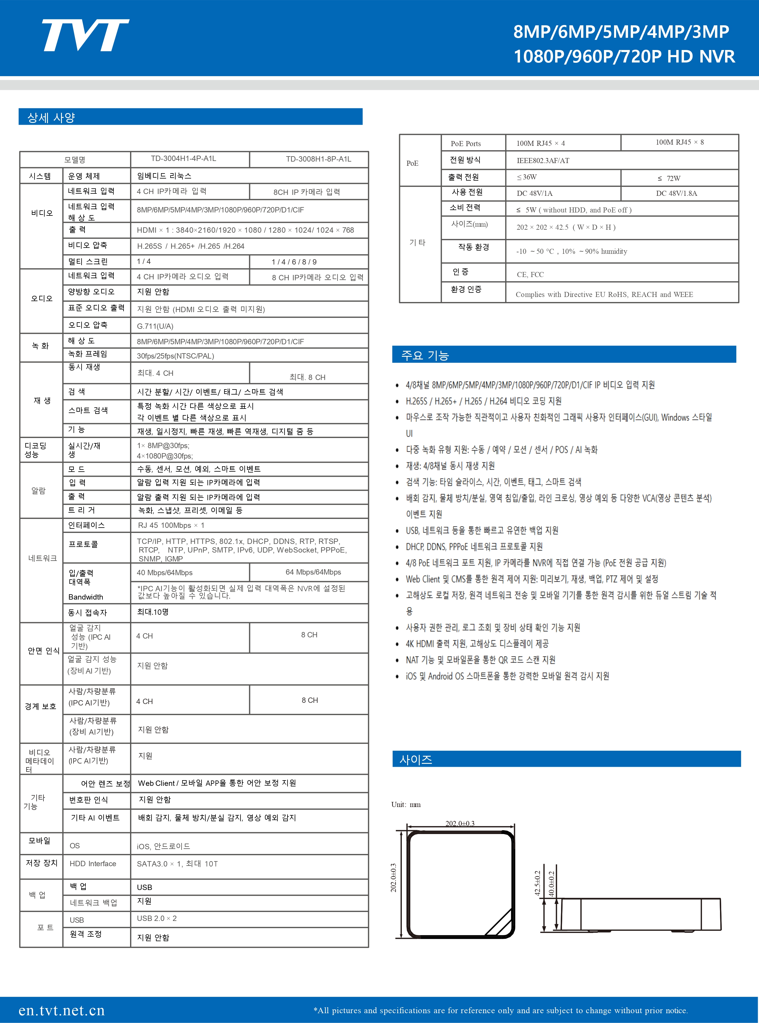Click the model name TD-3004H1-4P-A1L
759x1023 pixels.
[x=183, y=159]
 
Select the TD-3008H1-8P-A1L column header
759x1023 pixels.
[x=318, y=159]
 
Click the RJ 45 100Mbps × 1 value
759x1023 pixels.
[x=171, y=525]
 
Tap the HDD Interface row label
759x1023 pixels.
[x=93, y=864]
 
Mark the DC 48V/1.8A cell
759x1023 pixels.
[x=676, y=193]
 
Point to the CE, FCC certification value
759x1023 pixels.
[x=530, y=275]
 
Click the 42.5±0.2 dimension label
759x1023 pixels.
[x=537, y=883]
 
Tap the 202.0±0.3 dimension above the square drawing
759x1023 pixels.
[x=460, y=823]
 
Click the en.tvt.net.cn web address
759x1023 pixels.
[x=62, y=1010]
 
